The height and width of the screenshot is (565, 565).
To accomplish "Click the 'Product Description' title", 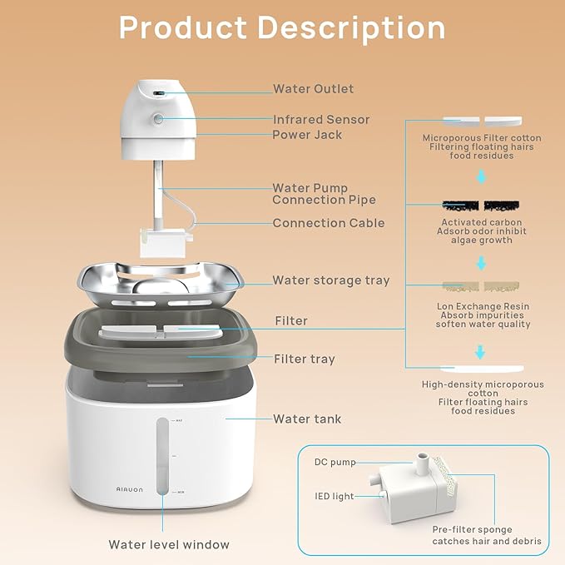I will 282,27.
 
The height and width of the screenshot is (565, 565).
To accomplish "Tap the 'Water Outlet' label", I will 314,89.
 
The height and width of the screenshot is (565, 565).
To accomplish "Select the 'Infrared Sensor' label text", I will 321,120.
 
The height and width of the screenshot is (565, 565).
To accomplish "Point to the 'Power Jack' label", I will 307,135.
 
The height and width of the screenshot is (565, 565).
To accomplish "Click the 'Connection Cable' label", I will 329,223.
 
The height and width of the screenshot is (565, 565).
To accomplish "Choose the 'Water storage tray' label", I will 331,280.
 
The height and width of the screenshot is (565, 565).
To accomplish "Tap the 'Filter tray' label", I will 305,359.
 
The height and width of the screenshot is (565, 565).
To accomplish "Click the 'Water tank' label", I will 307,419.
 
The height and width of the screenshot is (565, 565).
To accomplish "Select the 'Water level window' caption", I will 169,545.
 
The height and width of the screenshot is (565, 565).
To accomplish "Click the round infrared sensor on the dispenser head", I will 158,119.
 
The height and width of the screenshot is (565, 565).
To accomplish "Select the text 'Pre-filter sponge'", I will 472,529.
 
